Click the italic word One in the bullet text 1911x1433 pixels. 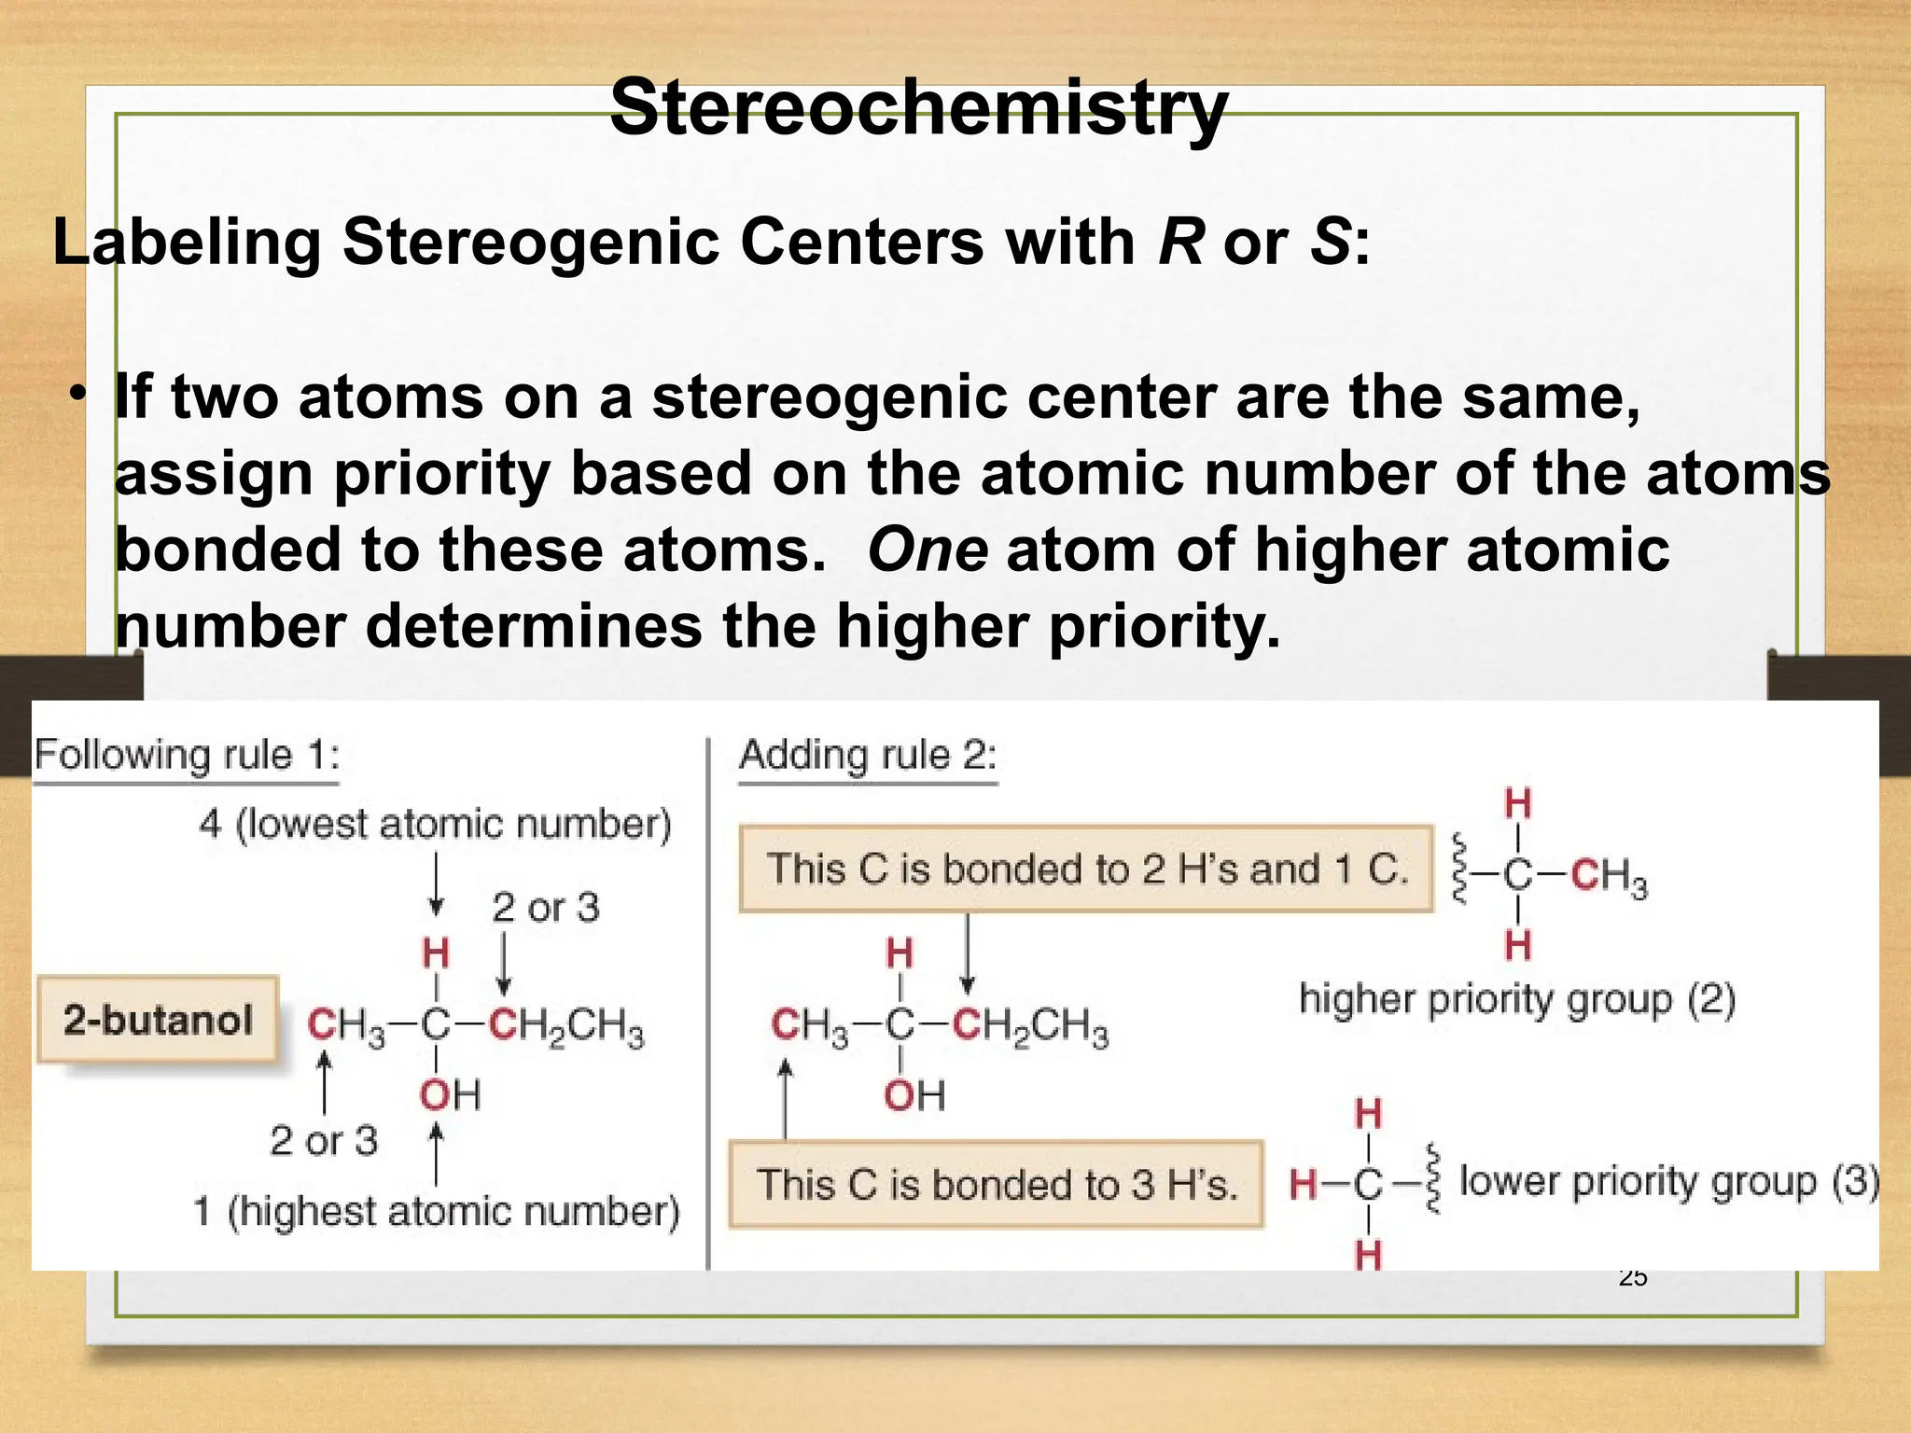pos(928,549)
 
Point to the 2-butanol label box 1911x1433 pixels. pos(158,1020)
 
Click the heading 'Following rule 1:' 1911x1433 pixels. pos(187,754)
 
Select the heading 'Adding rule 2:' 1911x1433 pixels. pos(868,754)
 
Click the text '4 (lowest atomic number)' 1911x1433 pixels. pos(435,824)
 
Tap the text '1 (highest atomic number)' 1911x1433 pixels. pos(436,1211)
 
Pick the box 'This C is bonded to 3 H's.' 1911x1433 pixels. pos(997,1184)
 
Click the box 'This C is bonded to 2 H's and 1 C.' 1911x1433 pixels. pos(1086,869)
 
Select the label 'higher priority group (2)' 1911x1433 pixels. pos(1517,999)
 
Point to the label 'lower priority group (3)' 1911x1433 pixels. pos(1668,1181)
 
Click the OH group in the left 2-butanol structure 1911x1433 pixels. pos(449,1094)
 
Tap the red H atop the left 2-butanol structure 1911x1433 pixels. pos(436,953)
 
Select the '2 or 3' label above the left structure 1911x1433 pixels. pos(546,907)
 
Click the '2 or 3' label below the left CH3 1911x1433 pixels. pos(324,1140)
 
